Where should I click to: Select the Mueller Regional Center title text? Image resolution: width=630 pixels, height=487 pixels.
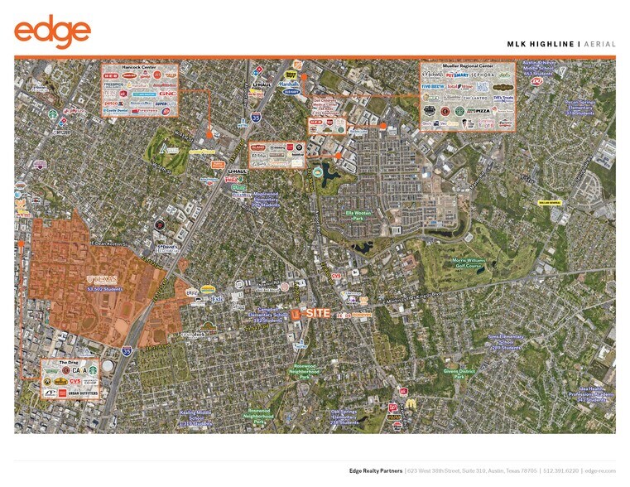(x=458, y=65)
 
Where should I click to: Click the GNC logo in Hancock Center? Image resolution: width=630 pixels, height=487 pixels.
(x=166, y=93)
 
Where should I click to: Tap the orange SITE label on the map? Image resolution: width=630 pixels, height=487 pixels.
(x=317, y=313)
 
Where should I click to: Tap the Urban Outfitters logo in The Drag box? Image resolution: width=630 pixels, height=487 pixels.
(x=83, y=393)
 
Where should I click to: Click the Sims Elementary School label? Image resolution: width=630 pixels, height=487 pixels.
(x=506, y=341)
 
